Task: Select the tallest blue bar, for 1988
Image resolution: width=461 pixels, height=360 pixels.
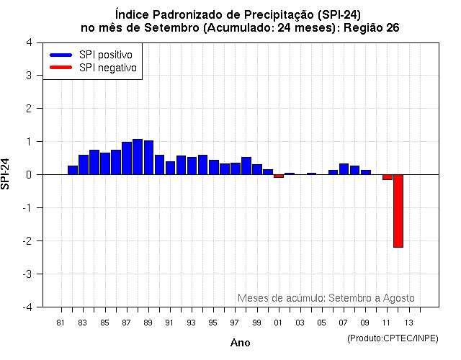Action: pos(137,156)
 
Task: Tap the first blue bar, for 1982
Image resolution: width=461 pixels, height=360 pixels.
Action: pos(72,170)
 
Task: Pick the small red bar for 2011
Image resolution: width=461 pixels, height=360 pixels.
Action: pos(387,176)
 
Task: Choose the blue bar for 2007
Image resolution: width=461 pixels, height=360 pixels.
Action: pos(344,169)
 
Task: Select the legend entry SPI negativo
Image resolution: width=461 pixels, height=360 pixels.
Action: pos(108,68)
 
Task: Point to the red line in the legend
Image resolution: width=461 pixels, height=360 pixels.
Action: pos(61,68)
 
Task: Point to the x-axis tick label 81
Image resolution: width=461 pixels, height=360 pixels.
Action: pos(61,322)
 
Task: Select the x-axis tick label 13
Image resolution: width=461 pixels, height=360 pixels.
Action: pos(408,322)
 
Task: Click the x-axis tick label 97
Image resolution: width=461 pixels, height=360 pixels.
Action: pos(235,322)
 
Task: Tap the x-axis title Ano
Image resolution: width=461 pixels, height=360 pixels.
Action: pos(240,343)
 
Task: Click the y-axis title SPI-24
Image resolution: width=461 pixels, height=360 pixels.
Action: pos(6,174)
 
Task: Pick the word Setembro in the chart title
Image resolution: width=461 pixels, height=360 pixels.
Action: pos(174,28)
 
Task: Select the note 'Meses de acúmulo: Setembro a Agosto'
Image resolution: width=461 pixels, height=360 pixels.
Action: pos(326,298)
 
